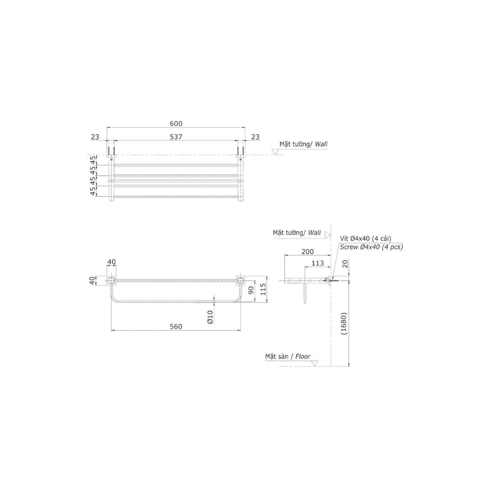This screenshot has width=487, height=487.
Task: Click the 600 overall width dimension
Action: [176, 124]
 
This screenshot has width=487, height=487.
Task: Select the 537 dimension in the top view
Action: [176, 137]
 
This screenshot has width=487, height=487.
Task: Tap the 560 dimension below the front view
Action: [176, 327]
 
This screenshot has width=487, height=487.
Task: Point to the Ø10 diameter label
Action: [210, 317]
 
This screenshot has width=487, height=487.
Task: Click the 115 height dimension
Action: [263, 289]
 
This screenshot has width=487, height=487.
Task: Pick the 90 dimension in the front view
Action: [251, 290]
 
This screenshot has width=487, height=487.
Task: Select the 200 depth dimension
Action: [308, 252]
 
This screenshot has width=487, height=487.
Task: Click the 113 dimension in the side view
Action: [317, 263]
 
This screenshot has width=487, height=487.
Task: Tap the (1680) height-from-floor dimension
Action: [344, 323]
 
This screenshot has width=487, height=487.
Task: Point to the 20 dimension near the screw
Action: [345, 264]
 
